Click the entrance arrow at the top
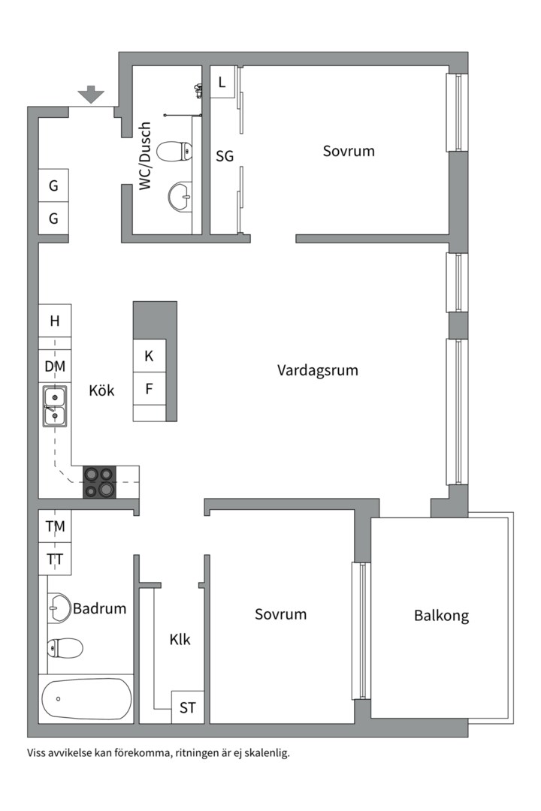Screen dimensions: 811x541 point(91,95)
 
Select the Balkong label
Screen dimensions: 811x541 point(441,616)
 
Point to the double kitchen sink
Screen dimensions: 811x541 point(54,405)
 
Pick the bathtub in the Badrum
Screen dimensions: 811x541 point(86,699)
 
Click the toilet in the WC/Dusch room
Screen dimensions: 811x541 point(177,152)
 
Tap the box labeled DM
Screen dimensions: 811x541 point(55,366)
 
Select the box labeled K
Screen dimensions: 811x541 point(149,356)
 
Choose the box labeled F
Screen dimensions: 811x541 point(149,389)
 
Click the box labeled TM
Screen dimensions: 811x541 point(55,526)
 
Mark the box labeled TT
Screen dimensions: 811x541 point(55,559)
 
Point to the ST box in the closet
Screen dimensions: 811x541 point(187,707)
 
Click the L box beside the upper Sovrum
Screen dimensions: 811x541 point(222,83)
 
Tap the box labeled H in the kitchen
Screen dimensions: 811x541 point(55,321)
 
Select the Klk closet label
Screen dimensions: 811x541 point(180,640)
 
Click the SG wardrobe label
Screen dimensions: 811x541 point(225,156)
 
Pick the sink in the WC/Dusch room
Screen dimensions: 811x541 point(180,197)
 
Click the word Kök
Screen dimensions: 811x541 point(101,390)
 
